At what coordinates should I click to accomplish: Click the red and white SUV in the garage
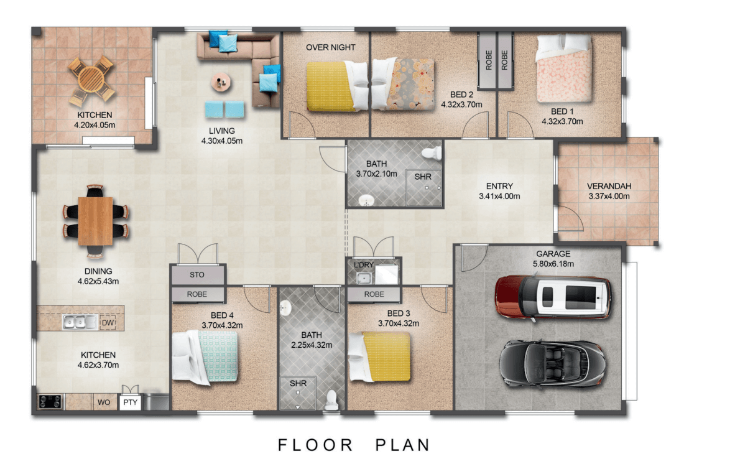[553, 297]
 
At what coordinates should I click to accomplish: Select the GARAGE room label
[553, 254]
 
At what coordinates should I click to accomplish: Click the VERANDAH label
[609, 186]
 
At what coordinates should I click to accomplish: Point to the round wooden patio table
[91, 79]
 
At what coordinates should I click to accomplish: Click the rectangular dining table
[95, 221]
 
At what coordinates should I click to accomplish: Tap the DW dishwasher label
[108, 323]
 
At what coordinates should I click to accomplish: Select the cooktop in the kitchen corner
[50, 402]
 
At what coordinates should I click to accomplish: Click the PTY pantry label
[131, 402]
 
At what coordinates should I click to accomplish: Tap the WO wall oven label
[104, 402]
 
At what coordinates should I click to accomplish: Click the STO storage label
[197, 275]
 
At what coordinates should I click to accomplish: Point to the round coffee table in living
[220, 83]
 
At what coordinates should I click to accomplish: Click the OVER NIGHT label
[330, 47]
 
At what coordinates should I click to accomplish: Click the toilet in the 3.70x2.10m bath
[432, 153]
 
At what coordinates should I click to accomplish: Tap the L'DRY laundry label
[364, 265]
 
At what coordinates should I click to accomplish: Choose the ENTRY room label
[499, 186]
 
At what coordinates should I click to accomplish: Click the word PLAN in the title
[403, 445]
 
